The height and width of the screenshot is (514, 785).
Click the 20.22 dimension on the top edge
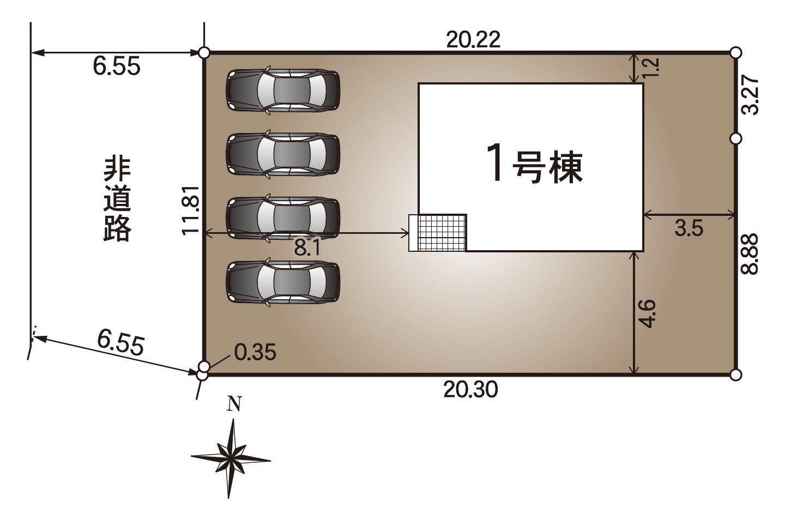pos(473,40)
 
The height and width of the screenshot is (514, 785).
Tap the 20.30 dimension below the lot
pos(470,390)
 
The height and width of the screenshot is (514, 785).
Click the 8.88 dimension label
pos(750,254)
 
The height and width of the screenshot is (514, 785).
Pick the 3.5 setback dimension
pos(689,228)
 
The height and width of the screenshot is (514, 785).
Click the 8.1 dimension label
pos(307,247)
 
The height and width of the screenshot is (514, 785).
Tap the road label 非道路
pos(117,199)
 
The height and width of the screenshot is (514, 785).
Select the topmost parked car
pos(283,90)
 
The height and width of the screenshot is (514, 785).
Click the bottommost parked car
pos(283,282)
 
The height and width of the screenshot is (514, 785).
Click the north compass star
pos(230,458)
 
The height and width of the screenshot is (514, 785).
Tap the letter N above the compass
pos(234,404)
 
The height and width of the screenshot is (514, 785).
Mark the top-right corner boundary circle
pos(736,52)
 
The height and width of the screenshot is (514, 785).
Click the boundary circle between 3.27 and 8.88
pos(736,139)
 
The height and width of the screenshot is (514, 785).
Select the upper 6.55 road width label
pos(116,66)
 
